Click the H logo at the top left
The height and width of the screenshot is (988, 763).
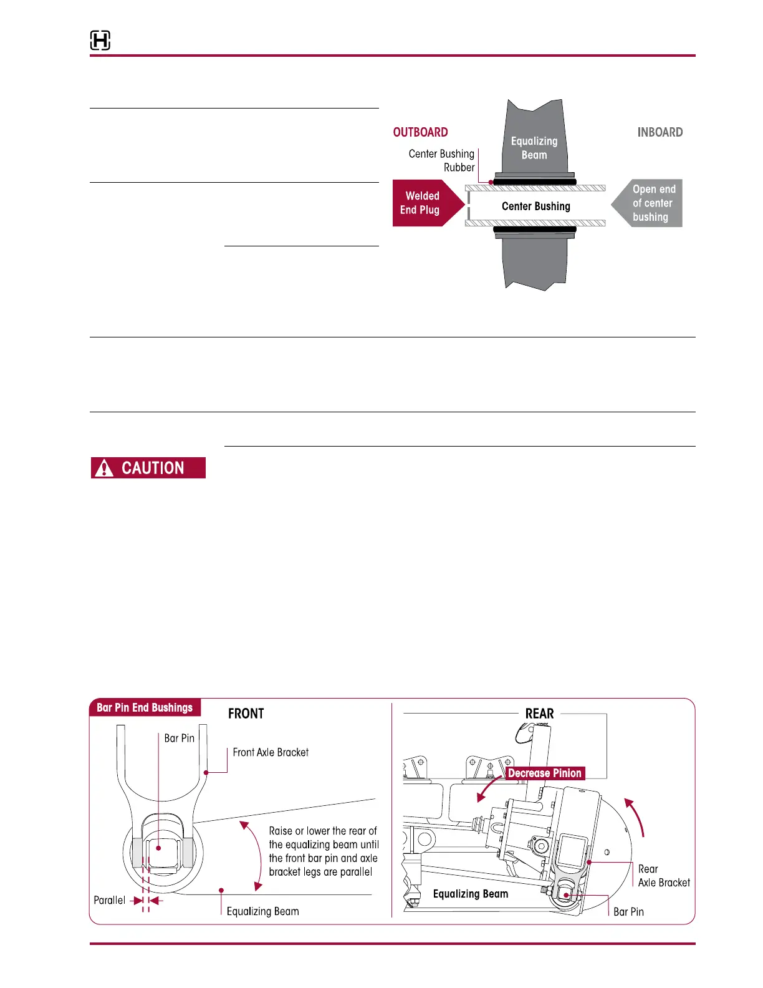click(x=100, y=41)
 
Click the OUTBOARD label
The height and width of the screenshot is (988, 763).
click(x=420, y=132)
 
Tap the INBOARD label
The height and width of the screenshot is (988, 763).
click(x=660, y=132)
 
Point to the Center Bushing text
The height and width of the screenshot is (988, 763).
click(x=535, y=206)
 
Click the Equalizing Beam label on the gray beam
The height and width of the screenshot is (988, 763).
click(x=534, y=148)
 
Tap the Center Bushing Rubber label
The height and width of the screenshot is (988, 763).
click(x=442, y=160)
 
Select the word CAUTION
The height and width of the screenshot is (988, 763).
click(x=153, y=468)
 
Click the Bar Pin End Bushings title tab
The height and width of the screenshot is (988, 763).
click(x=145, y=707)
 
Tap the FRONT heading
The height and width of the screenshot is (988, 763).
click(x=246, y=714)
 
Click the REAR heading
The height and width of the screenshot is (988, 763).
click(x=539, y=714)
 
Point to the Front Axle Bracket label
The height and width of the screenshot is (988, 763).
click(x=271, y=752)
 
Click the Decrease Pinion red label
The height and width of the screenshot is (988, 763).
click(x=544, y=773)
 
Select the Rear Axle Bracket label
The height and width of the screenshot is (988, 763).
click(x=663, y=876)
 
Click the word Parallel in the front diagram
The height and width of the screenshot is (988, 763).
click(x=110, y=900)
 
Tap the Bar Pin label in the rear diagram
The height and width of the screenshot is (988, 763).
click(x=628, y=912)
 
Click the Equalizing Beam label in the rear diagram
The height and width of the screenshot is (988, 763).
click(x=471, y=894)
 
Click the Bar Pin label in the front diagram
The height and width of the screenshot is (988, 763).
click(x=180, y=738)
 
